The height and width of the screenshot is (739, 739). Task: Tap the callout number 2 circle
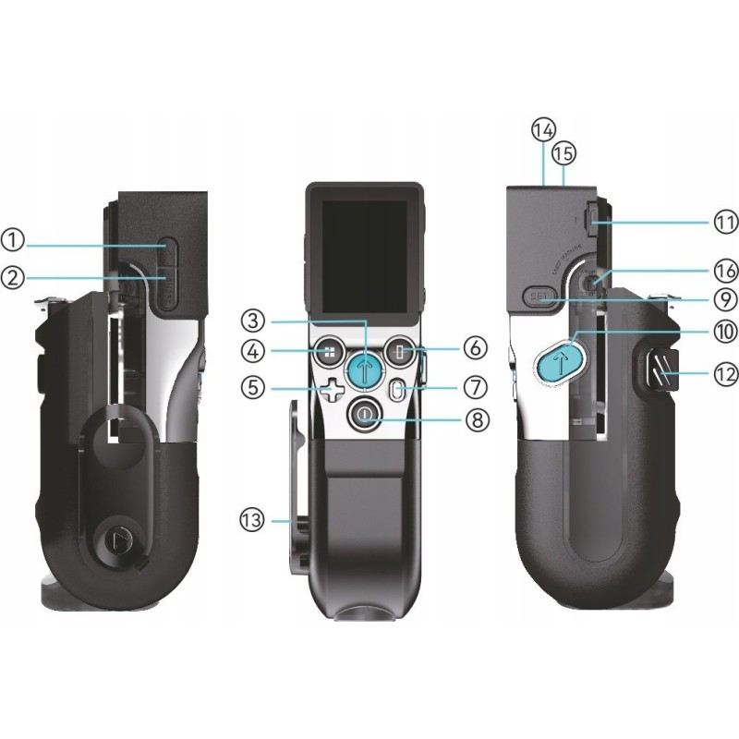12,276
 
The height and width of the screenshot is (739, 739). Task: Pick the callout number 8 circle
475,418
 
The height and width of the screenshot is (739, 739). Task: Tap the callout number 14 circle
543,130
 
